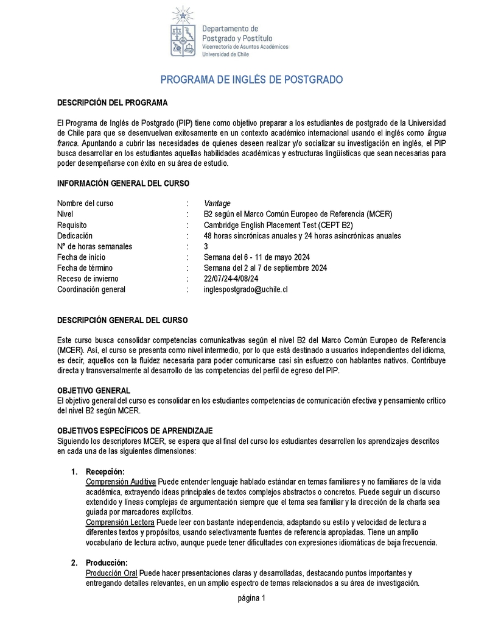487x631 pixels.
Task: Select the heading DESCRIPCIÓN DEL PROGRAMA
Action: [113, 102]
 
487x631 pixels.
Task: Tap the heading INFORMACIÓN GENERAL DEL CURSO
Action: [123, 183]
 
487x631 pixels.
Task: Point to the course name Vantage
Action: [217, 203]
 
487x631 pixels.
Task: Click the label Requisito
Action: [73, 225]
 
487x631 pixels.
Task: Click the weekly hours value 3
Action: [206, 246]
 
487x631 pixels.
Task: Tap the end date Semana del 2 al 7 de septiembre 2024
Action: [265, 268]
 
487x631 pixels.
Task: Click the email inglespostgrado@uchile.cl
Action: [245, 289]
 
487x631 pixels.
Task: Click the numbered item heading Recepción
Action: [105, 471]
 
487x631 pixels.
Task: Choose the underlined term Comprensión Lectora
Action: [120, 522]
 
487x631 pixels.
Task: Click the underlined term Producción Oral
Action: [111, 573]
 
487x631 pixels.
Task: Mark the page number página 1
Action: [251, 598]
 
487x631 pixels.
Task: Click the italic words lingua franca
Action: [432, 132]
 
